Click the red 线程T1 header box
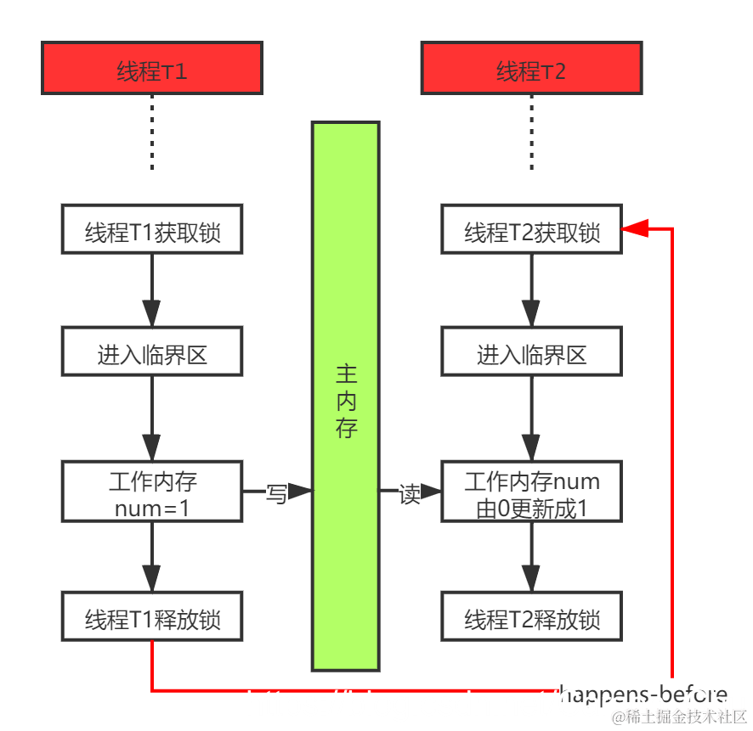(x=152, y=69)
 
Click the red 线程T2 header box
(x=531, y=69)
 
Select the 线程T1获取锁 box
(x=152, y=229)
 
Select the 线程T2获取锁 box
(x=531, y=229)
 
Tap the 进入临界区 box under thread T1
(x=152, y=351)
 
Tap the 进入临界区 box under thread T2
(x=531, y=351)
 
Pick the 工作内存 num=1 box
(x=152, y=492)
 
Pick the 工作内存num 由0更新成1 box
(x=531, y=492)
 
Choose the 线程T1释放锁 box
(x=152, y=616)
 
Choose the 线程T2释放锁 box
(x=531, y=616)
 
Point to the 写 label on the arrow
(x=276, y=493)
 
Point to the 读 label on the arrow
(x=410, y=493)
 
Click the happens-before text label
(x=643, y=694)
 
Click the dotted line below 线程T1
(x=152, y=132)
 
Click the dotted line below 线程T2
(x=531, y=132)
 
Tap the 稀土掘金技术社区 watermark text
(x=680, y=716)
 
